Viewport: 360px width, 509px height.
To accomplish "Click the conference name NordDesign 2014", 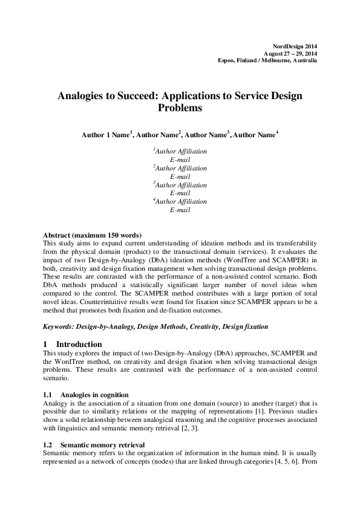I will pos(295,46).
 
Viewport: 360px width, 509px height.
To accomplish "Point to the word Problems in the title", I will pos(180,109).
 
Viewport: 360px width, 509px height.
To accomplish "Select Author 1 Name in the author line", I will pos(105,134).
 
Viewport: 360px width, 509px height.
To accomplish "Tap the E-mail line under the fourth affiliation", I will pos(180,210).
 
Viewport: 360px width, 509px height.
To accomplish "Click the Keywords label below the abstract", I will pos(58,326).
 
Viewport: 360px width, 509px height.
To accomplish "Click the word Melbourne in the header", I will pos(272,61).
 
